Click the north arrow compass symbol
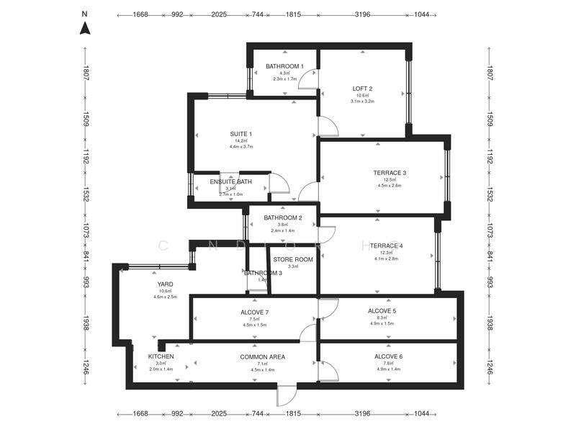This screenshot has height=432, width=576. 85,29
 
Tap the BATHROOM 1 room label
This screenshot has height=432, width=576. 284,66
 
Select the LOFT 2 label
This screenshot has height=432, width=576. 362,89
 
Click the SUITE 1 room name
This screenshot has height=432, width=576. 241,134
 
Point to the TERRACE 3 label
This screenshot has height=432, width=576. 390,173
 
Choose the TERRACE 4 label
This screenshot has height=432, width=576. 386,246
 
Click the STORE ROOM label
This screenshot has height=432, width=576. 293,259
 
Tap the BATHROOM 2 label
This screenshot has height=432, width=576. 282,217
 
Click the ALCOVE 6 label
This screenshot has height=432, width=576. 388,356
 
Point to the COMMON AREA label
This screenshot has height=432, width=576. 262,356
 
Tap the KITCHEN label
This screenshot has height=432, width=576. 161,356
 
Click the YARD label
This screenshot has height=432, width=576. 165,284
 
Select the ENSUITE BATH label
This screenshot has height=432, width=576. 230,181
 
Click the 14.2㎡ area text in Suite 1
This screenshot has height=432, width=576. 241,141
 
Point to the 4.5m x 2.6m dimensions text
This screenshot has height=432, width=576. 390,185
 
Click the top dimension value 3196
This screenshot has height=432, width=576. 363,14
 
